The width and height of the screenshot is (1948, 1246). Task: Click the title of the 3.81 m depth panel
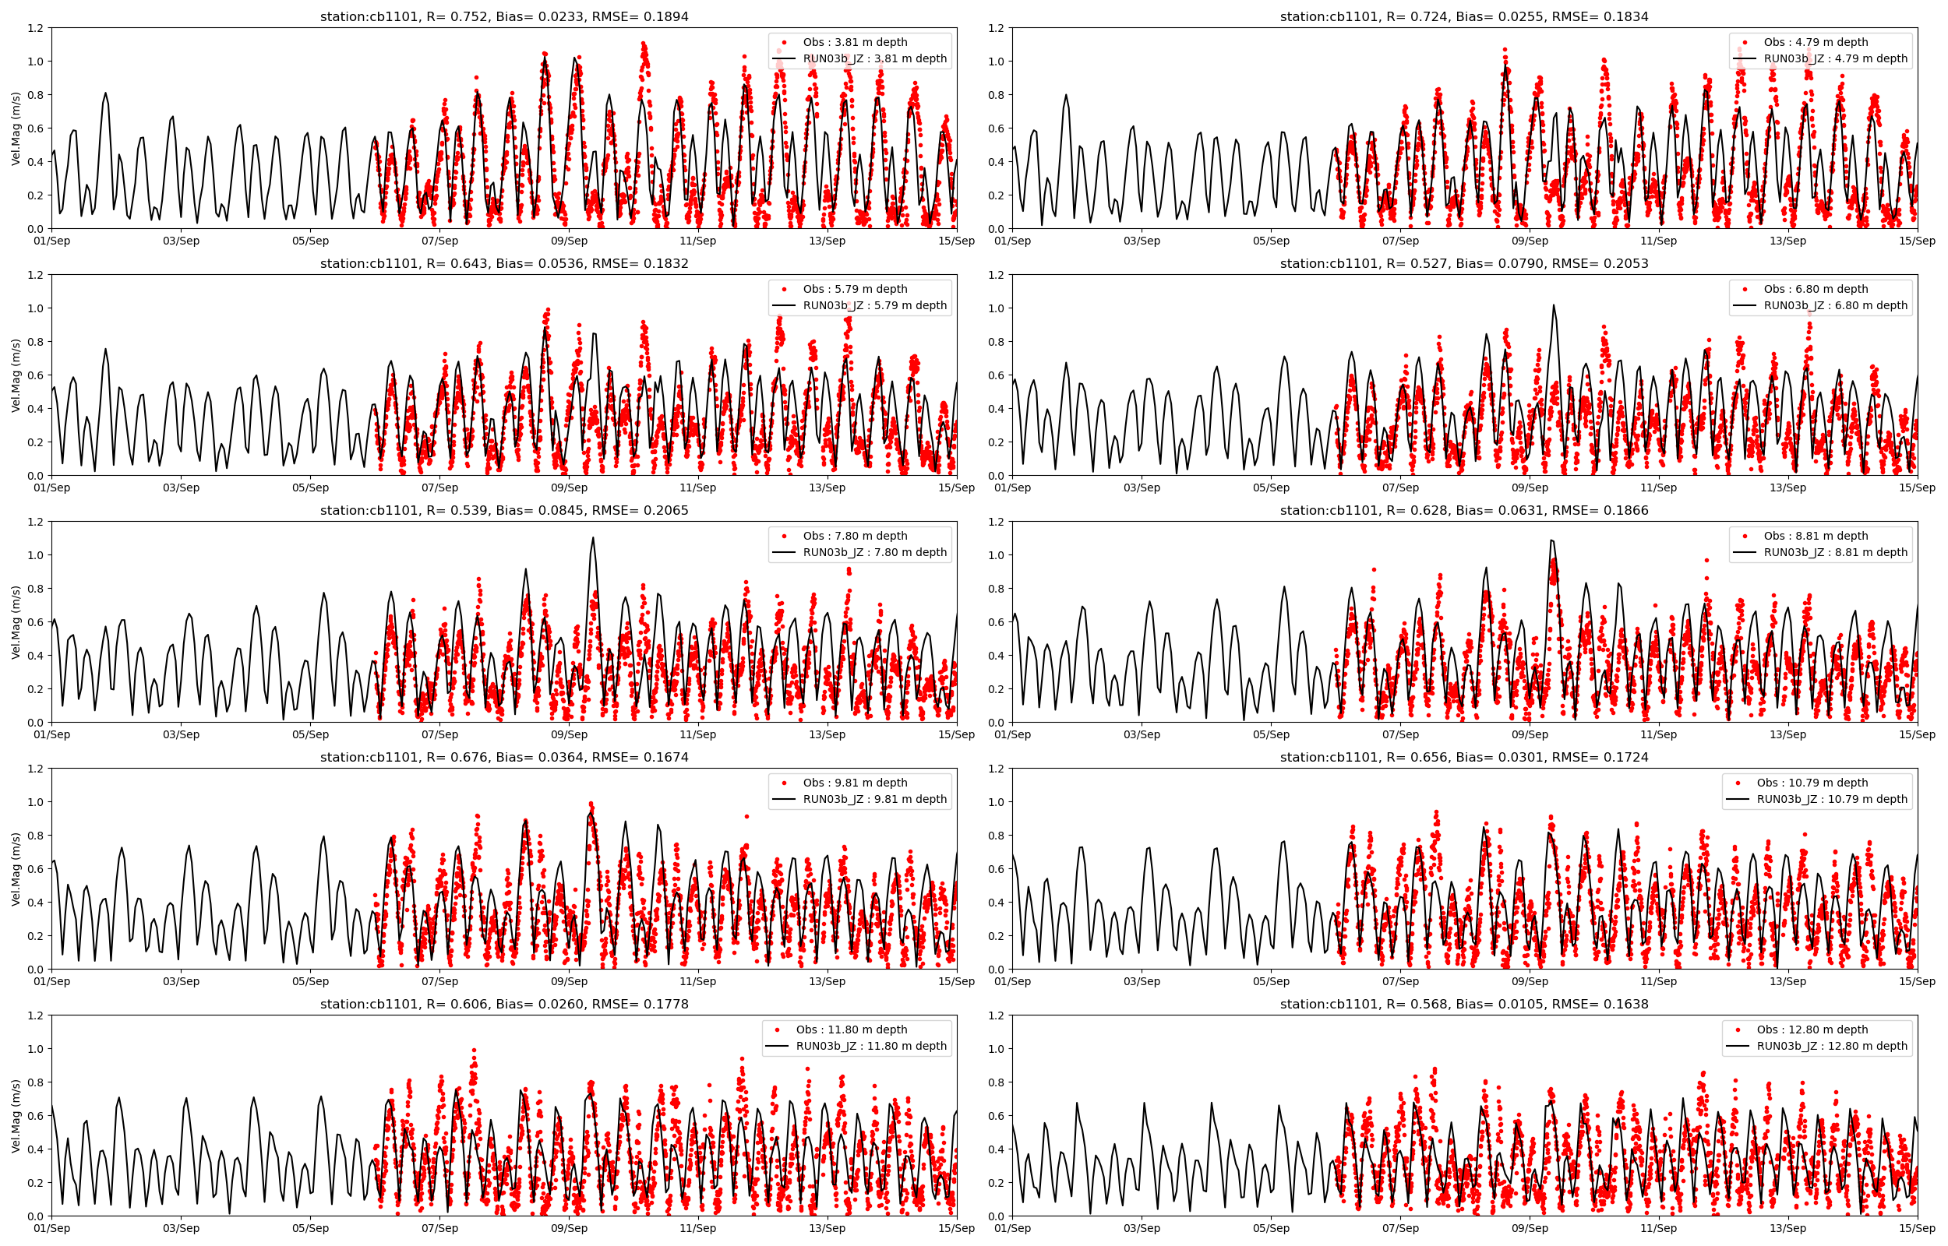(503, 16)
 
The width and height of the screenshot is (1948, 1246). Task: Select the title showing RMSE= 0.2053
(1464, 263)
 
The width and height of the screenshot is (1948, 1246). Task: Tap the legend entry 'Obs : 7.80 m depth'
(855, 536)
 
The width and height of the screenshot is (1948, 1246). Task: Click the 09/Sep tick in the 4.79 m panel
(1530, 241)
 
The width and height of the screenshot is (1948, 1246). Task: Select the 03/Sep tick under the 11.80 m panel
(181, 1228)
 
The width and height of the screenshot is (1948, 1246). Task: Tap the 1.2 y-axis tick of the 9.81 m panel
(35, 769)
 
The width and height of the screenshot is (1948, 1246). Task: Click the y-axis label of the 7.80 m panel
(16, 622)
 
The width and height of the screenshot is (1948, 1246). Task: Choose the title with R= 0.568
(1464, 1004)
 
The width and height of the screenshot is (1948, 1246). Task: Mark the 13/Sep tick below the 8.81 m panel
(1787, 734)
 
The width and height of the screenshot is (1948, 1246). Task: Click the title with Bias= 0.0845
(503, 510)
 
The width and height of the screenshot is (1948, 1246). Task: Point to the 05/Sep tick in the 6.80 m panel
(1271, 487)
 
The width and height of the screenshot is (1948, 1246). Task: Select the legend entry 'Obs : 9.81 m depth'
(855, 783)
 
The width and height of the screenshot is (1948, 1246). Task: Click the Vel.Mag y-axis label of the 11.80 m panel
(16, 1116)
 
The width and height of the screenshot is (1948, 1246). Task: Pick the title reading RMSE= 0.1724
(1464, 757)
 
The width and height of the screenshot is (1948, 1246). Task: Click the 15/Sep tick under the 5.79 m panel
(957, 487)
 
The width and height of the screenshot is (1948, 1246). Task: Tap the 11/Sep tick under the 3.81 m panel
(697, 241)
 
